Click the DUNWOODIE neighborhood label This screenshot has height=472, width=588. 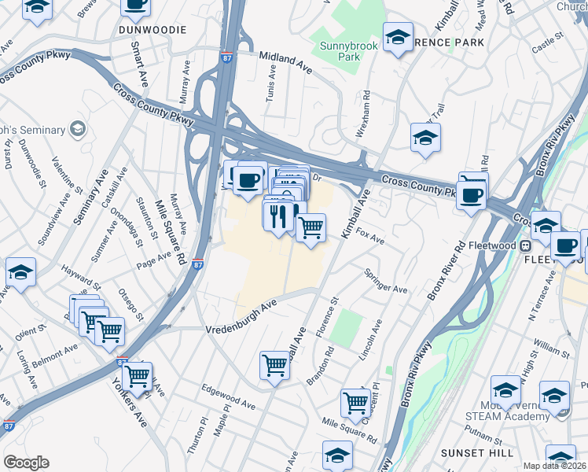pyautogui.click(x=153, y=29)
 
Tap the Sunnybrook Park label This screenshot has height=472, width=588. pyautogui.click(x=350, y=51)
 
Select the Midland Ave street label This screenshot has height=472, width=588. pyautogui.click(x=285, y=62)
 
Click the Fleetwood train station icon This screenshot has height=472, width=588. pyautogui.click(x=524, y=245)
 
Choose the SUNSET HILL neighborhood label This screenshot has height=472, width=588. pyautogui.click(x=477, y=452)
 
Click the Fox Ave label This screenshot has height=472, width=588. pyautogui.click(x=369, y=236)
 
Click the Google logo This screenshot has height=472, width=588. pyautogui.click(x=26, y=463)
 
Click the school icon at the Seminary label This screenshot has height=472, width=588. pyautogui.click(x=77, y=127)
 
